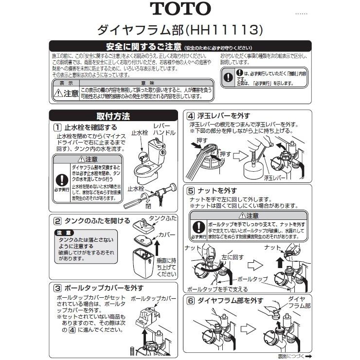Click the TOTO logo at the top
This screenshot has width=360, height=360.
click(x=180, y=9)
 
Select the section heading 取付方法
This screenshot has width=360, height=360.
click(x=113, y=116)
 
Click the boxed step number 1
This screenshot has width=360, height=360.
click(x=57, y=128)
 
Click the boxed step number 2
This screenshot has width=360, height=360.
click(x=57, y=220)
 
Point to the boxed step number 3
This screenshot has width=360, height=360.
click(x=57, y=287)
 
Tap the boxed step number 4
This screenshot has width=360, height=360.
click(x=191, y=116)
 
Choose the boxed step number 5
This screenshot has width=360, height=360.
click(x=191, y=190)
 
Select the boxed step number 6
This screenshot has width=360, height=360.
click(x=191, y=300)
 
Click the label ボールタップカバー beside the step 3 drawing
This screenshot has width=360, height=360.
click(x=154, y=297)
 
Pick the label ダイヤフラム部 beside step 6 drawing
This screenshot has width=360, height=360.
click(x=298, y=302)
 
